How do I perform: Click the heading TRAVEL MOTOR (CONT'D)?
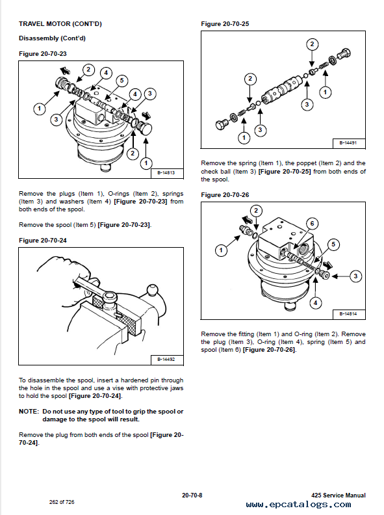pos(60,23)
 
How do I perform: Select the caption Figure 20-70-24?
pos(43,241)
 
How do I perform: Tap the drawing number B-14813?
pos(166,173)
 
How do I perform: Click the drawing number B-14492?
pos(166,360)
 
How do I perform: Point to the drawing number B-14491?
pos(348,143)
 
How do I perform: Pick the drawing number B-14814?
pos(348,313)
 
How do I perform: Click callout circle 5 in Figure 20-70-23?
pos(122,81)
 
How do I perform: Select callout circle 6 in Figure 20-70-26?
pos(312,224)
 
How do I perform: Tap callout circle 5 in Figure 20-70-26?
pos(333,244)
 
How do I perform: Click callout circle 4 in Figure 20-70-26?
pos(315,302)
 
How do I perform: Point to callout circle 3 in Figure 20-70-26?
pos(355,276)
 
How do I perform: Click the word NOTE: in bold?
pos(29,412)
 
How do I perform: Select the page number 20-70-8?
pos(192,495)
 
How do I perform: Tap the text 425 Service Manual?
pos(339,495)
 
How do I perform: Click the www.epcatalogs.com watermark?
pos(298,505)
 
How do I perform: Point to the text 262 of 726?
pos(62,502)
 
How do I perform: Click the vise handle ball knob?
pos(152,291)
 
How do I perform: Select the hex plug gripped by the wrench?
pos(110,297)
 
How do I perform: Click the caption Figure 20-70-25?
pos(225,23)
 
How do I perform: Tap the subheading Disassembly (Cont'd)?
pos(52,38)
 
